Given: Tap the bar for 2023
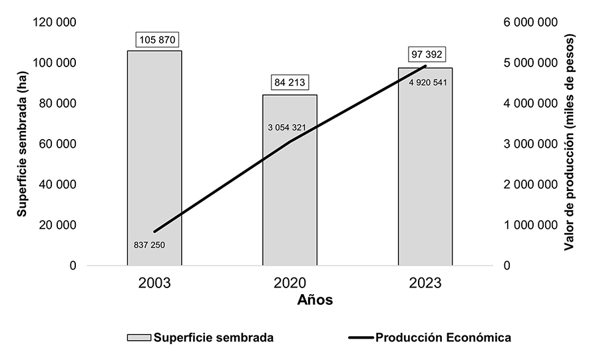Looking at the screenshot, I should click(425, 166).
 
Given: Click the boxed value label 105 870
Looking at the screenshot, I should click(157, 40).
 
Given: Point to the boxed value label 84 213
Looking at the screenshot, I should click(291, 83).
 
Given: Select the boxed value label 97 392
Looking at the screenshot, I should click(425, 54).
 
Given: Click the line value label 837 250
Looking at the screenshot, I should click(149, 245).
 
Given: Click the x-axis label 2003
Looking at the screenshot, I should click(155, 282).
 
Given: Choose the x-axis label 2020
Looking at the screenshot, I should click(290, 282).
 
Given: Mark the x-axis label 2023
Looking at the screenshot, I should click(425, 282).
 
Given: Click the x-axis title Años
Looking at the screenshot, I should click(314, 300).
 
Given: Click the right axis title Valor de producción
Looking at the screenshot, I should click(569, 144).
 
